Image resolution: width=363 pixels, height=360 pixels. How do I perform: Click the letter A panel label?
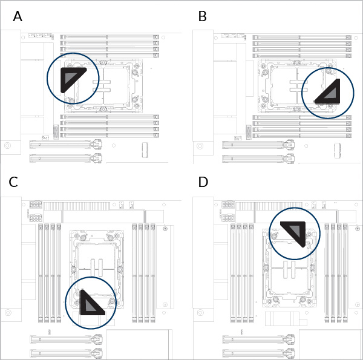(18, 17)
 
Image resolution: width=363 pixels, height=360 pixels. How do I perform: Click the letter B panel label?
(203, 17)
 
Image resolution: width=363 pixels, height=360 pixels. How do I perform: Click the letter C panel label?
(13, 183)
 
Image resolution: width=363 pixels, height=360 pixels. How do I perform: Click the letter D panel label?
(203, 183)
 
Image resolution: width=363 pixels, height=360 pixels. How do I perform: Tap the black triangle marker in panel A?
(71, 78)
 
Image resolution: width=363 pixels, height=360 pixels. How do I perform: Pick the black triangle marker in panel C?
(90, 303)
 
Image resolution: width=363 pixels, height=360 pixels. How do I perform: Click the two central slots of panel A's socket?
(102, 86)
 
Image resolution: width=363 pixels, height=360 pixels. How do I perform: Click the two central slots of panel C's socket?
(97, 267)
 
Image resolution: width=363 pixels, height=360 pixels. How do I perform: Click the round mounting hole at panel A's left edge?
(7, 146)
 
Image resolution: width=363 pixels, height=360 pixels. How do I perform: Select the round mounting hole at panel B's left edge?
(200, 146)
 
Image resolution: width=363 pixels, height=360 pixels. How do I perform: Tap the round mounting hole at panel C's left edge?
(7, 313)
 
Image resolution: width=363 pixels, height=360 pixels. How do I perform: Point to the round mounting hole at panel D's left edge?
(200, 313)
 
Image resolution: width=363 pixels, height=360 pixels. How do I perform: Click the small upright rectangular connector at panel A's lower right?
(145, 149)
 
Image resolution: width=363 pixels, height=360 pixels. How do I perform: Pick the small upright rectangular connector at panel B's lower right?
(337, 149)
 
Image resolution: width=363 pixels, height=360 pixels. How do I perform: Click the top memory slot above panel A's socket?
(109, 37)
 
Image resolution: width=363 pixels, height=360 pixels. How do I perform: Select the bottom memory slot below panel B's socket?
(301, 135)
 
